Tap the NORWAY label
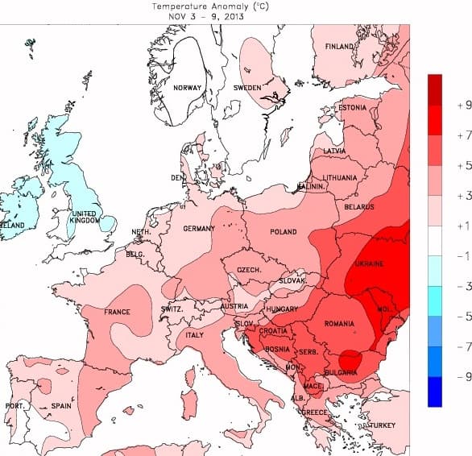click(187, 88)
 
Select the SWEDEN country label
click(247, 88)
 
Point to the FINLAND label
click(339, 48)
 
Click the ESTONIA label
click(352, 108)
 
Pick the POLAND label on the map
click(283, 232)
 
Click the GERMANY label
click(199, 229)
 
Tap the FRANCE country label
click(117, 312)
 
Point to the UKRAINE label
click(369, 264)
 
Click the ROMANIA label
click(339, 324)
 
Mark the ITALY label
click(195, 335)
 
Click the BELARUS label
click(359, 207)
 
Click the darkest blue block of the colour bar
click(435, 392)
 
